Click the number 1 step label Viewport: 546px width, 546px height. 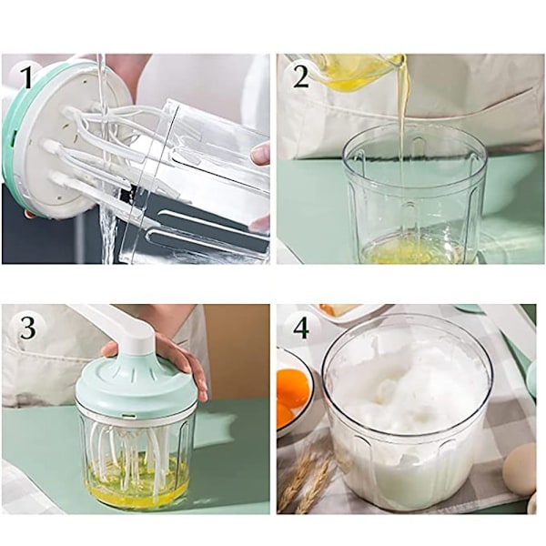tap(25, 77)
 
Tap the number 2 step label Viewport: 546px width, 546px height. tap(301, 76)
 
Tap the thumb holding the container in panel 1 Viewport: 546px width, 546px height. tap(260, 153)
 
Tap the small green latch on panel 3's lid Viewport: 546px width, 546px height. tap(130, 416)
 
